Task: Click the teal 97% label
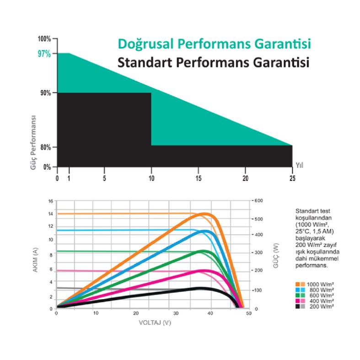tap(44, 54)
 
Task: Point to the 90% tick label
tap(45, 93)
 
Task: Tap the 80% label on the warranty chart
tap(45, 147)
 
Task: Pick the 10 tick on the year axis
tap(151, 177)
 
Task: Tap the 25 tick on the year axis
tap(292, 177)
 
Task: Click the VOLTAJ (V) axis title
tap(155, 322)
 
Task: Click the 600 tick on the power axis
tap(259, 201)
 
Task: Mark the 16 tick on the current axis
tap(51, 201)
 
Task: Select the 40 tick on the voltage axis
tap(210, 314)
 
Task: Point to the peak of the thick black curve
tap(200, 288)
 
